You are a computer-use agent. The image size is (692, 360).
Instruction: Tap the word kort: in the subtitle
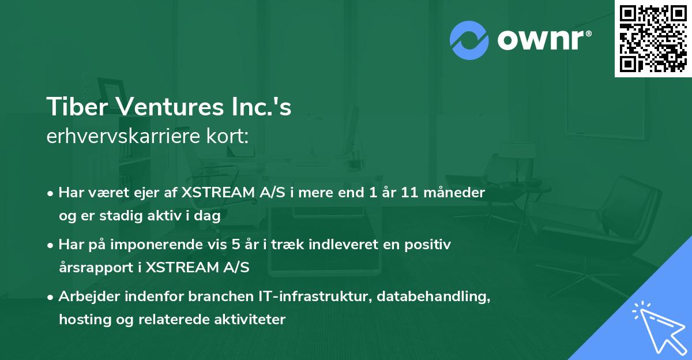coord(231,137)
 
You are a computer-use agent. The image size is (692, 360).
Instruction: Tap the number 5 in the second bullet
coord(236,245)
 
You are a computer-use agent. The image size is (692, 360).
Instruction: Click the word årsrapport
coord(95,268)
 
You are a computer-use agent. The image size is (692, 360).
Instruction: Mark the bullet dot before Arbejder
coord(51,297)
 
